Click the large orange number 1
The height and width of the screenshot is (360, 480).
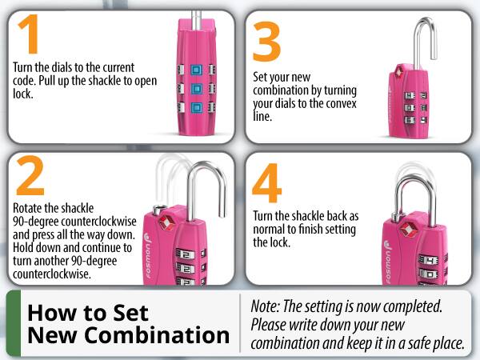coord(29,36)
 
